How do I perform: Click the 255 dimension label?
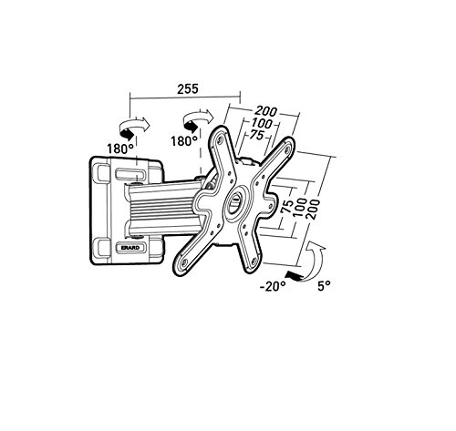point(188,88)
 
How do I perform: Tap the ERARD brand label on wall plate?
point(130,248)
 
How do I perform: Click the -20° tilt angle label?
point(273,286)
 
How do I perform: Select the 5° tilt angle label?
point(324,286)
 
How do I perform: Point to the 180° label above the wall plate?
point(120,149)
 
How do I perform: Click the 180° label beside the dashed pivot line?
point(183,141)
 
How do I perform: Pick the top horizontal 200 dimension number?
point(266,111)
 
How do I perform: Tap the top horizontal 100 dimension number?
point(262,123)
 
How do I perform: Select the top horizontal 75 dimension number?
point(257,135)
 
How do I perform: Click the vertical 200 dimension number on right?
point(313,209)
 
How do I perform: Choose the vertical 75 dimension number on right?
point(287,207)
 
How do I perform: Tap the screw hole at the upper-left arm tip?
point(219,140)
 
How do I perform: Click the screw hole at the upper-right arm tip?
point(286,149)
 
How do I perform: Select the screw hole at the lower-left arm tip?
point(184,262)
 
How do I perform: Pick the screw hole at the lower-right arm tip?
point(254,260)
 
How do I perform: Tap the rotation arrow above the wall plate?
point(135,128)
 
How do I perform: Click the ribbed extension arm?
point(161,207)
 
